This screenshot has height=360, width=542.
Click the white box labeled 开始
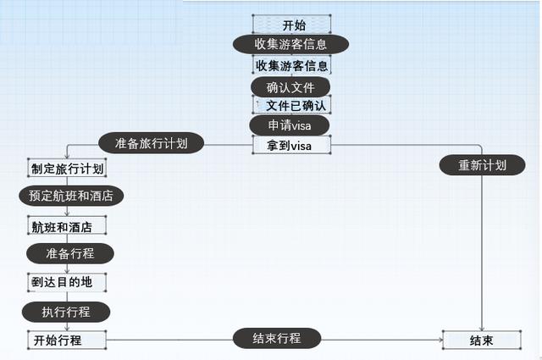pos(291,24)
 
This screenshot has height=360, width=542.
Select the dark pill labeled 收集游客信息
pos(291,43)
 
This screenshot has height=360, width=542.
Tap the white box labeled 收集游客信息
pos(291,64)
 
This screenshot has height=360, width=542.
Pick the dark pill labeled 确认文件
pos(290,86)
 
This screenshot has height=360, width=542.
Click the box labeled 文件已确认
pos(292,105)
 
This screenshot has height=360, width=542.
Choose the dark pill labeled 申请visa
pos(290,125)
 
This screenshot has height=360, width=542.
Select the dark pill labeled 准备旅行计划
pos(151,142)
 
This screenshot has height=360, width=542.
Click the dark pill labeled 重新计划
pos(482,165)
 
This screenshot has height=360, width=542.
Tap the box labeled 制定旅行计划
pos(66,169)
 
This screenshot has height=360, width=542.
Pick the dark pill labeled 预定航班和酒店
pos(70,196)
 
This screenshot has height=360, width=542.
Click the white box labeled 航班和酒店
pos(66,226)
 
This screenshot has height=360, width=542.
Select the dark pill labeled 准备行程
pos(69,252)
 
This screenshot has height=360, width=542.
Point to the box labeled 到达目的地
pos(66,282)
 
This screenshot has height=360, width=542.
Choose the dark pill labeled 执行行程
pos(66,311)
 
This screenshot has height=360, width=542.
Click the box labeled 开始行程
pos(66,340)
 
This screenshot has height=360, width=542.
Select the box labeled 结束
pos(482,341)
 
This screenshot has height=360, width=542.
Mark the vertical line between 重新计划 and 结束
pos(482,254)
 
